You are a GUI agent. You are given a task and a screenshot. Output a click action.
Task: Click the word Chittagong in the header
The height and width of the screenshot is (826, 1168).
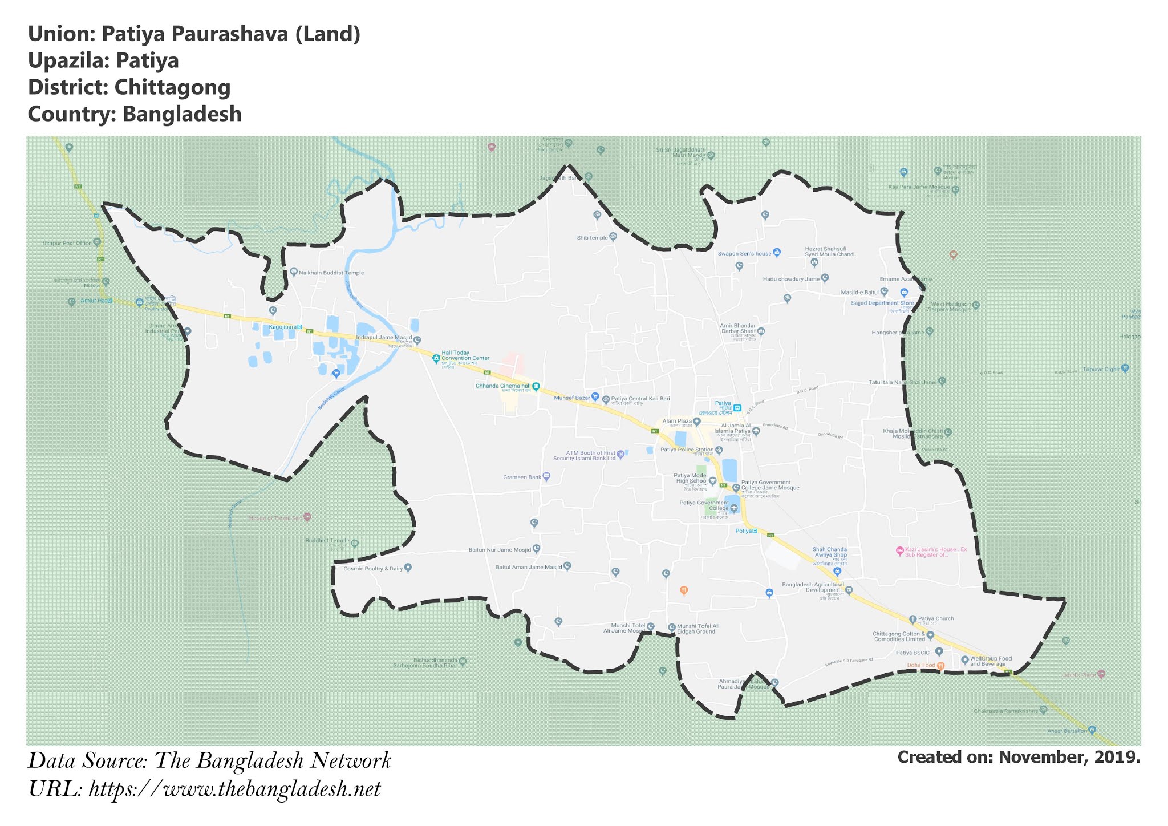pyautogui.click(x=172, y=87)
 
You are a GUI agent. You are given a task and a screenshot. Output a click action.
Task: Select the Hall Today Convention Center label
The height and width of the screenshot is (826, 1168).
pyautogui.click(x=465, y=356)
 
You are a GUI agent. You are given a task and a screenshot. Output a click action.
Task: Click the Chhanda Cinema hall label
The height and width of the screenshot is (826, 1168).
pyautogui.click(x=503, y=386)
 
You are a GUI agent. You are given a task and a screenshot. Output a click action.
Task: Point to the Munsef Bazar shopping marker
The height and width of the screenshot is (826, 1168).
pyautogui.click(x=595, y=396)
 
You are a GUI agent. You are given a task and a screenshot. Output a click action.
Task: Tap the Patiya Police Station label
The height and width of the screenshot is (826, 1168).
pyautogui.click(x=687, y=450)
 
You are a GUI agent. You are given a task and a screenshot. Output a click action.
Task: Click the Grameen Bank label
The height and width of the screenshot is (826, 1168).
pyautogui.click(x=522, y=477)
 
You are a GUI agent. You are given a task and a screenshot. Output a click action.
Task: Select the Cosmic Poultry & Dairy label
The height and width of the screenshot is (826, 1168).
pyautogui.click(x=373, y=569)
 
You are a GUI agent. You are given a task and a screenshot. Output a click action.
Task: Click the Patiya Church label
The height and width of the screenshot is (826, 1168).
pyautogui.click(x=935, y=618)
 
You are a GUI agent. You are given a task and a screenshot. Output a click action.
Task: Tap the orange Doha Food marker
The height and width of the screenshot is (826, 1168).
pyautogui.click(x=940, y=666)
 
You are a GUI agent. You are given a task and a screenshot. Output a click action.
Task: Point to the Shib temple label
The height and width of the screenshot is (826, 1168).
pyautogui.click(x=592, y=238)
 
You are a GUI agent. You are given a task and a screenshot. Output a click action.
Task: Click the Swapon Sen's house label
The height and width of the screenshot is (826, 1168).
pyautogui.click(x=744, y=254)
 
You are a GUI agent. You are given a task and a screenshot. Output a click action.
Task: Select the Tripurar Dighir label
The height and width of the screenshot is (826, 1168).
pyautogui.click(x=1101, y=369)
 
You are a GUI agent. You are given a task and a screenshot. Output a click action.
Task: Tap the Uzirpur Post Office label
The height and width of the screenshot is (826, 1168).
pyautogui.click(x=67, y=243)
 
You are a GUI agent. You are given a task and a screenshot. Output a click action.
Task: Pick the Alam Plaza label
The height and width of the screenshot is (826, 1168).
pyautogui.click(x=677, y=421)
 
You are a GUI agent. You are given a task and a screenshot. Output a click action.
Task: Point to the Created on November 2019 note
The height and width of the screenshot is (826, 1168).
pyautogui.click(x=1019, y=757)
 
